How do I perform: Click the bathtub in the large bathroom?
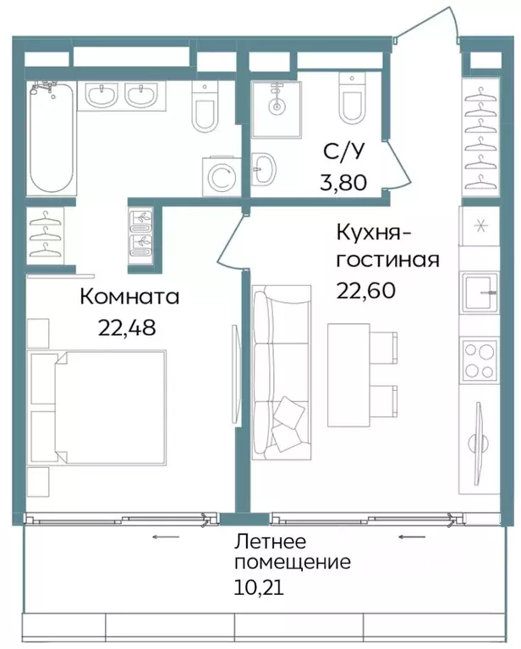52,138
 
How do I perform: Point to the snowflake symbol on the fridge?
480,225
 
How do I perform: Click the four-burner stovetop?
480,359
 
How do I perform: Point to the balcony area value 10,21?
260,585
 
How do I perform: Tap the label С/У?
344,151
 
